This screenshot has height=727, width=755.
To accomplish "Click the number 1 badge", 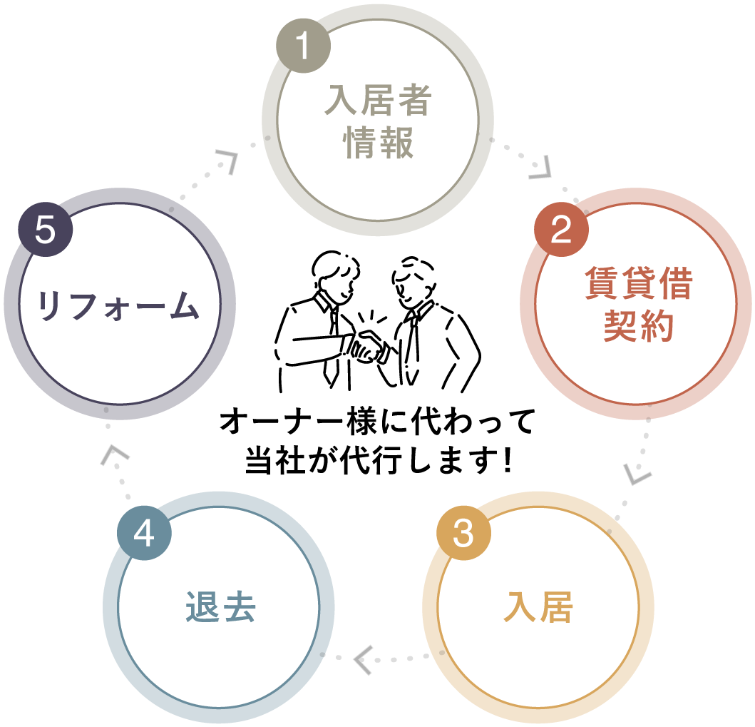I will (303, 46).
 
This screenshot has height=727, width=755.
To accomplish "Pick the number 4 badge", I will (144, 533).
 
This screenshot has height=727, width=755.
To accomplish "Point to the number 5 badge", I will (45, 230).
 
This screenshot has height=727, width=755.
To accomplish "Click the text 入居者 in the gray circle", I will (378, 101).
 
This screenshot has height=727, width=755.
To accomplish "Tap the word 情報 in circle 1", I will (378, 143).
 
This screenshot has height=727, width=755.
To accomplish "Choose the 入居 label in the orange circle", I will (538, 609).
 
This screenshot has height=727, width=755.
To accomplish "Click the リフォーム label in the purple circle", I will (118, 306).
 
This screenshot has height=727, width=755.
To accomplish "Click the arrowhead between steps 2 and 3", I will (637, 474).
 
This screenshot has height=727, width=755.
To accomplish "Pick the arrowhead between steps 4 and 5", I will (111, 455).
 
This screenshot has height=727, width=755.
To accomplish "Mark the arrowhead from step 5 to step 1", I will (229, 161).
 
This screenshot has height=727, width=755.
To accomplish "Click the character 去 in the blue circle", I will (238, 609).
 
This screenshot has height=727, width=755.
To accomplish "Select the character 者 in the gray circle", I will (414, 101).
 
